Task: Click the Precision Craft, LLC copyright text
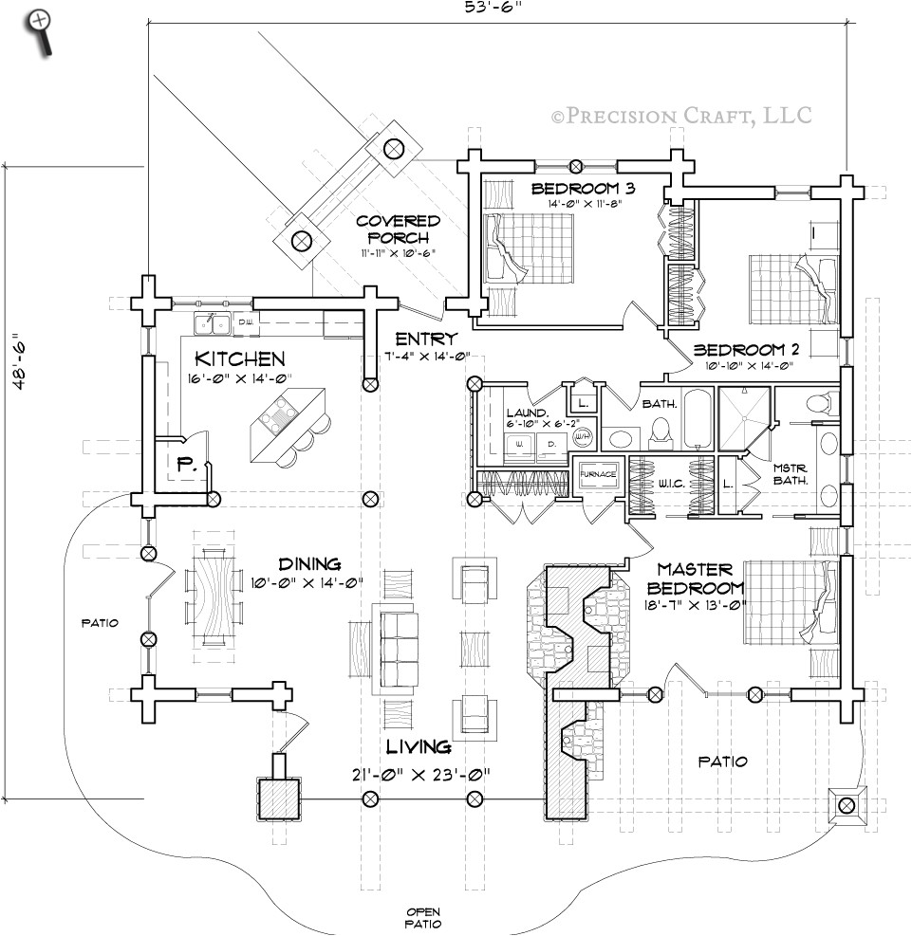coord(681,116)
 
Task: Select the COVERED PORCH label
coord(399,229)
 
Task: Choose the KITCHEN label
coord(239,359)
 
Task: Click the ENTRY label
coord(427,339)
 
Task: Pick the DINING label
coord(309,564)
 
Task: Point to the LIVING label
coord(419,748)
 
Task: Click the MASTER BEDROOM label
coord(696,578)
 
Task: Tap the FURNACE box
coord(599,473)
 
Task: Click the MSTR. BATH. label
coord(790,473)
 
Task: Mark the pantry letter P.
coord(185,465)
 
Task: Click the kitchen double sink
coord(214,323)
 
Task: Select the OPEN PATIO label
coord(421,916)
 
